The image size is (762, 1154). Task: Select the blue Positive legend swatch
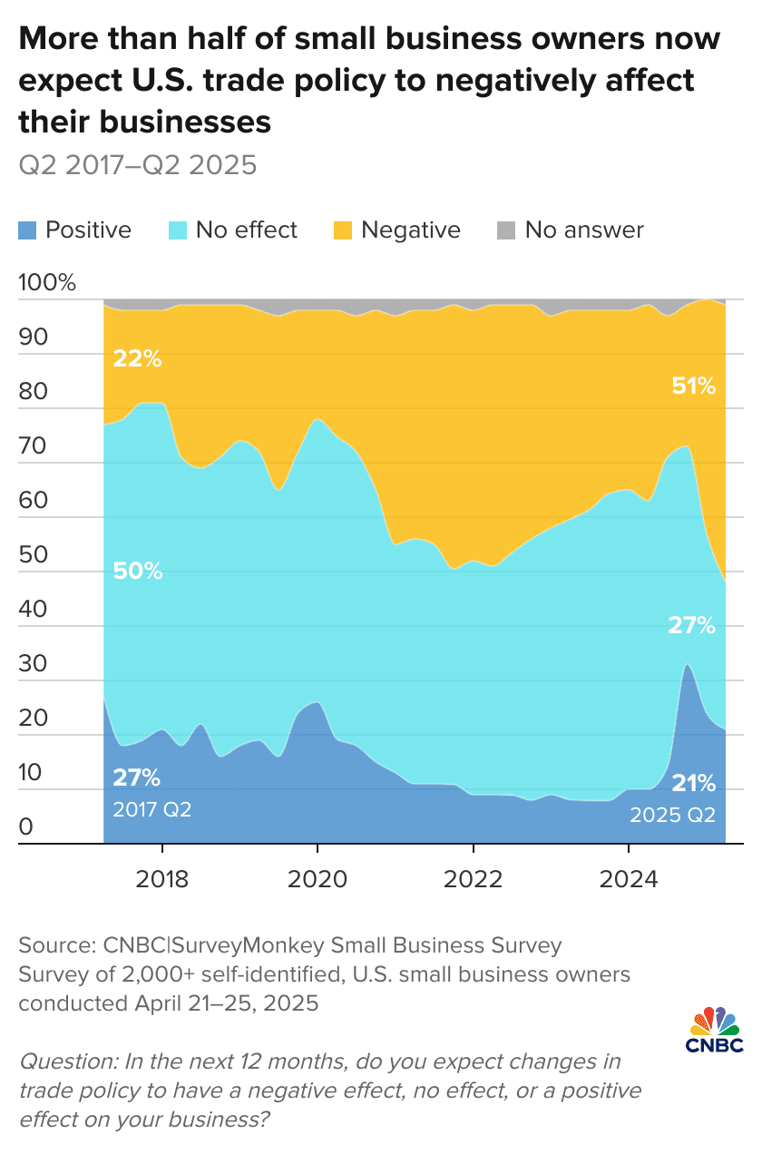click(x=27, y=230)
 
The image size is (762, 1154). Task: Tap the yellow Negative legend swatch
click(x=342, y=230)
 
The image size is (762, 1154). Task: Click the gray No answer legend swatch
click(x=505, y=230)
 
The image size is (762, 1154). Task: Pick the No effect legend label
click(x=246, y=230)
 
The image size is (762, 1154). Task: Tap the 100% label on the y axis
click(x=46, y=282)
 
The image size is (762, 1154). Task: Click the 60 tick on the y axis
click(x=31, y=501)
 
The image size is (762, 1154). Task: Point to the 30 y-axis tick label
click(x=31, y=664)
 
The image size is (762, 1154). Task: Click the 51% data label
click(x=693, y=387)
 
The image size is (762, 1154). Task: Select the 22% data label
click(x=137, y=359)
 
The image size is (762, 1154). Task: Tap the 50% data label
click(x=137, y=572)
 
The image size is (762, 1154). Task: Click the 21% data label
click(x=693, y=783)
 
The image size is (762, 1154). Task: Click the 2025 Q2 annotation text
click(x=672, y=814)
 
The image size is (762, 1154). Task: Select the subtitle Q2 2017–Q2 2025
click(x=137, y=165)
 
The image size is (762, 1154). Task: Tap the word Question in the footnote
click(x=57, y=1061)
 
